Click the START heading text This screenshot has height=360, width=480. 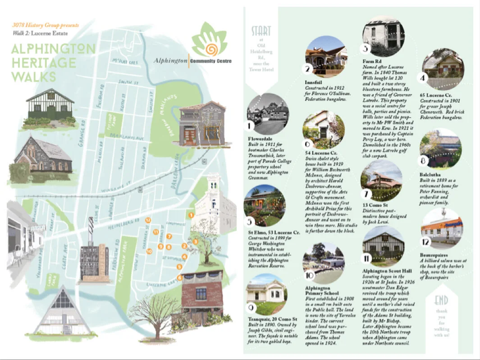(261, 31)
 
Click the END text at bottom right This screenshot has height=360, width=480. (441, 301)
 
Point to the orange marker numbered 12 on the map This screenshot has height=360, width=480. (148, 220)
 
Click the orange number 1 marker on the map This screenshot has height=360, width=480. (192, 215)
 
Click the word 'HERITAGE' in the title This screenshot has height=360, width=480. (43, 63)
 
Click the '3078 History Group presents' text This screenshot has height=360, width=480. (45, 25)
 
